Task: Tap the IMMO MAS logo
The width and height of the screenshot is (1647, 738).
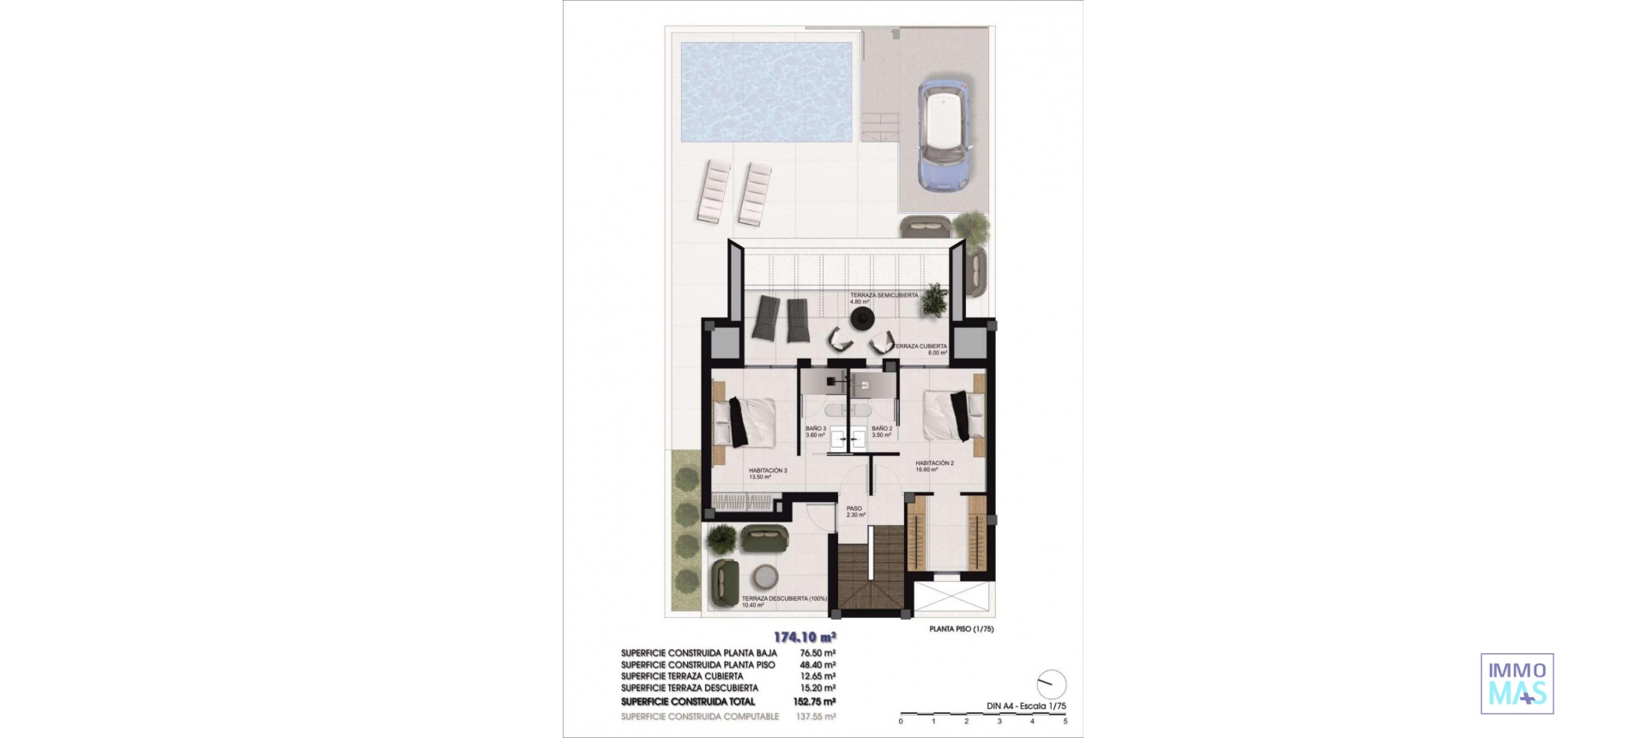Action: (1517, 683)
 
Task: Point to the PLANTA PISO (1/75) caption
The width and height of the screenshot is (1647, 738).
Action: (962, 628)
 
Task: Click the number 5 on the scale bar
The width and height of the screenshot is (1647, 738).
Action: (1065, 721)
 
